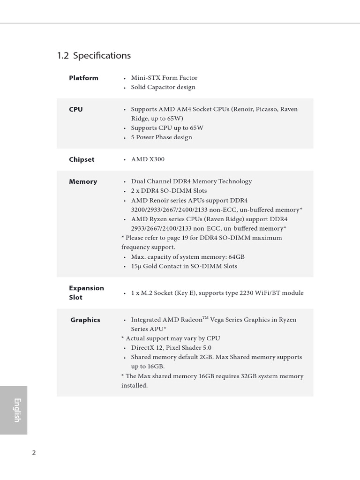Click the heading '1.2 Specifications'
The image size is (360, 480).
(94, 55)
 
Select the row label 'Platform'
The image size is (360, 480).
(83, 78)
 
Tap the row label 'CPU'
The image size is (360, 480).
(76, 109)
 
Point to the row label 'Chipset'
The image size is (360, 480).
(82, 159)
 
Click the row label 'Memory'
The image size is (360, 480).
(83, 181)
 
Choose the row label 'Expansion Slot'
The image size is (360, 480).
(86, 292)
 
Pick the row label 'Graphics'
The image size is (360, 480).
(85, 320)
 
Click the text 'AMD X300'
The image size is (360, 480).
(148, 159)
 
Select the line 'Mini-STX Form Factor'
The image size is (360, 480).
(164, 78)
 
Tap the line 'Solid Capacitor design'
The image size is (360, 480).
(163, 87)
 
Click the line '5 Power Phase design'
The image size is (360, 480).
(161, 137)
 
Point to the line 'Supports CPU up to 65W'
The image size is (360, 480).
(167, 128)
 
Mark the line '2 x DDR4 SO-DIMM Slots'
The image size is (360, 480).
(169, 191)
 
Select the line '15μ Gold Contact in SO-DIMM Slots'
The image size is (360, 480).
(184, 266)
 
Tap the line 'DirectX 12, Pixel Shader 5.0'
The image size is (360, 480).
(171, 348)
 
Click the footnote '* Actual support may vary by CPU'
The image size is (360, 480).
(170, 338)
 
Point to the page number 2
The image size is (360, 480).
(34, 453)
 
